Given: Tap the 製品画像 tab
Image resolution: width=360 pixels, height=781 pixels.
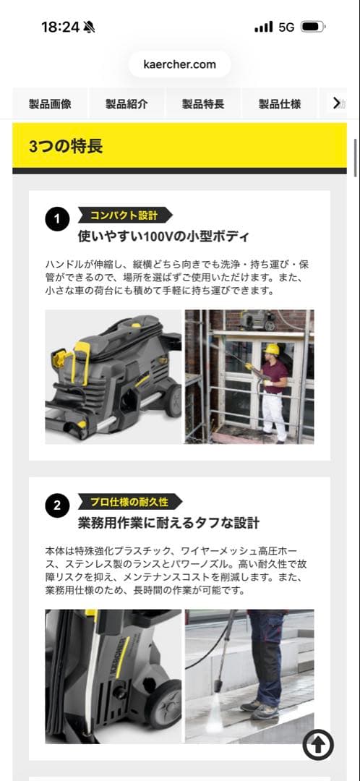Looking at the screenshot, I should [50, 103].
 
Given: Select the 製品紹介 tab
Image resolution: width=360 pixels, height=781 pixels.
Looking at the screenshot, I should [127, 103].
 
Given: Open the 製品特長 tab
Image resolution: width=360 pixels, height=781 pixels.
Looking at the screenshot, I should [203, 103].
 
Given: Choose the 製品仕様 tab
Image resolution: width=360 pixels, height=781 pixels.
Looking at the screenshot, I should [280, 103].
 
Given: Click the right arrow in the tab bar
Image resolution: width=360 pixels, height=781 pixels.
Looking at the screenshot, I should [337, 103].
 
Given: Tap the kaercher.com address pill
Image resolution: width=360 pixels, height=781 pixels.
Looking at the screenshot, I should [179, 64].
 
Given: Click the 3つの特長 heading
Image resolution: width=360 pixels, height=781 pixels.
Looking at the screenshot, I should [66, 146].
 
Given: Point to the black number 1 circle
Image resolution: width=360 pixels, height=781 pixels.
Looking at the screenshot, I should [57, 218].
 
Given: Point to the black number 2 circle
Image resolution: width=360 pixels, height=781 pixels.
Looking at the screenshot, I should [57, 505].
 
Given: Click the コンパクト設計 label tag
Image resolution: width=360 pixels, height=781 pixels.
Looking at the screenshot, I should [123, 215].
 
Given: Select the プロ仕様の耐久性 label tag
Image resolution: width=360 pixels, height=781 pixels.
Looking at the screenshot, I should [129, 502].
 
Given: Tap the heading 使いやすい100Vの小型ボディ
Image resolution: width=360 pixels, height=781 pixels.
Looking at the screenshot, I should [163, 236].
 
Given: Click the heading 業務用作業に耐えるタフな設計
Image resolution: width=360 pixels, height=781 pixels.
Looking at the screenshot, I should [168, 523].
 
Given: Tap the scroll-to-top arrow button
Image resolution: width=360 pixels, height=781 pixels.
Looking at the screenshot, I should [318, 743].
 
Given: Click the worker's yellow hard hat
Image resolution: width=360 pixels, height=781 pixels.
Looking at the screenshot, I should [272, 349].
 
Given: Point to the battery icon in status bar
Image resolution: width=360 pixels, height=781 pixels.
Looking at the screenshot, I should [312, 27].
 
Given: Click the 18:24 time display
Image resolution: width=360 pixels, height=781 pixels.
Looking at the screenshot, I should [60, 27].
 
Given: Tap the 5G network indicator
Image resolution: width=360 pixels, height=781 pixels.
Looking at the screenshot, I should [286, 27].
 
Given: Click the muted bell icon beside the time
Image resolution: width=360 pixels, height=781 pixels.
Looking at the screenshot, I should [89, 27].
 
